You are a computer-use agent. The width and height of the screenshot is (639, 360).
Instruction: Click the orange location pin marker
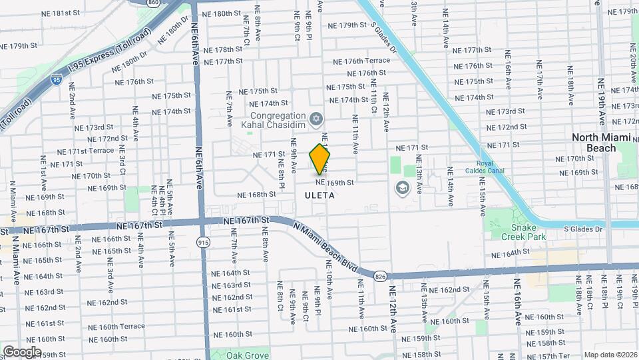pyautogui.click(x=320, y=159)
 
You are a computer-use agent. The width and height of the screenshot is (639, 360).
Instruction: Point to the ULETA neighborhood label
pyautogui.click(x=319, y=195)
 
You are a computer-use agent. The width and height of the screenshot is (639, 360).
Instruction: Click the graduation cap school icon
pyautogui.click(x=401, y=188)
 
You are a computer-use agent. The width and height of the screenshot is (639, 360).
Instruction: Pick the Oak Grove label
pyautogui.click(x=248, y=354)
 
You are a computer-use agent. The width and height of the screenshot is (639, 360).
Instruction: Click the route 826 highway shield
pyautogui.click(x=380, y=275)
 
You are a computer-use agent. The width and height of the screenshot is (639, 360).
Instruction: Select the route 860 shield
pyautogui.click(x=153, y=3)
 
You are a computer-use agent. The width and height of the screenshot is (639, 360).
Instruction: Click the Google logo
pyautogui.click(x=22, y=351)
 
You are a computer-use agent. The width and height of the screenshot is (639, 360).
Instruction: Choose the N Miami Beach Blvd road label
pyautogui.click(x=325, y=247)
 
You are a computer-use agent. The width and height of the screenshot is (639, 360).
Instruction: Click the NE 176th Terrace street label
pyautogui.click(x=357, y=61)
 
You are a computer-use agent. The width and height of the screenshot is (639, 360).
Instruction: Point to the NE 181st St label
pyautogui.click(x=61, y=13)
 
